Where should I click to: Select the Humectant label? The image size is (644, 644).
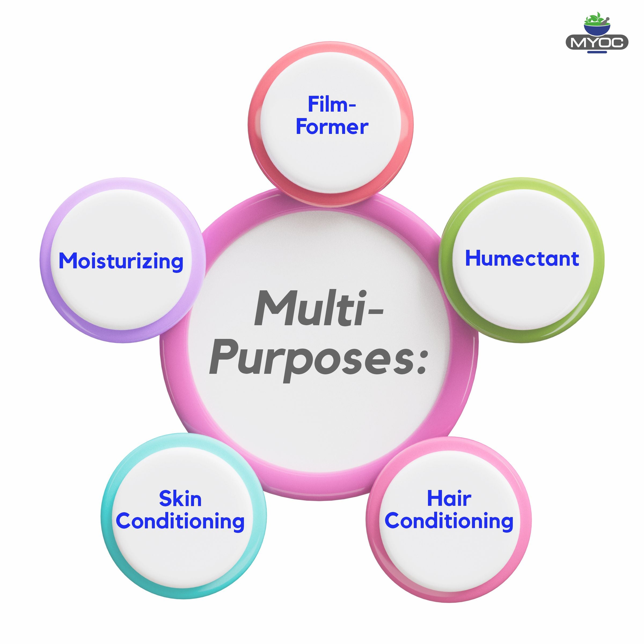(522, 259)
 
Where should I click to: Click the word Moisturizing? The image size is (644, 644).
(121, 261)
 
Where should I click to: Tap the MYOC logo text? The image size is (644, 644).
(597, 43)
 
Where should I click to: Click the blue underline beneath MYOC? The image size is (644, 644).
(597, 52)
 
